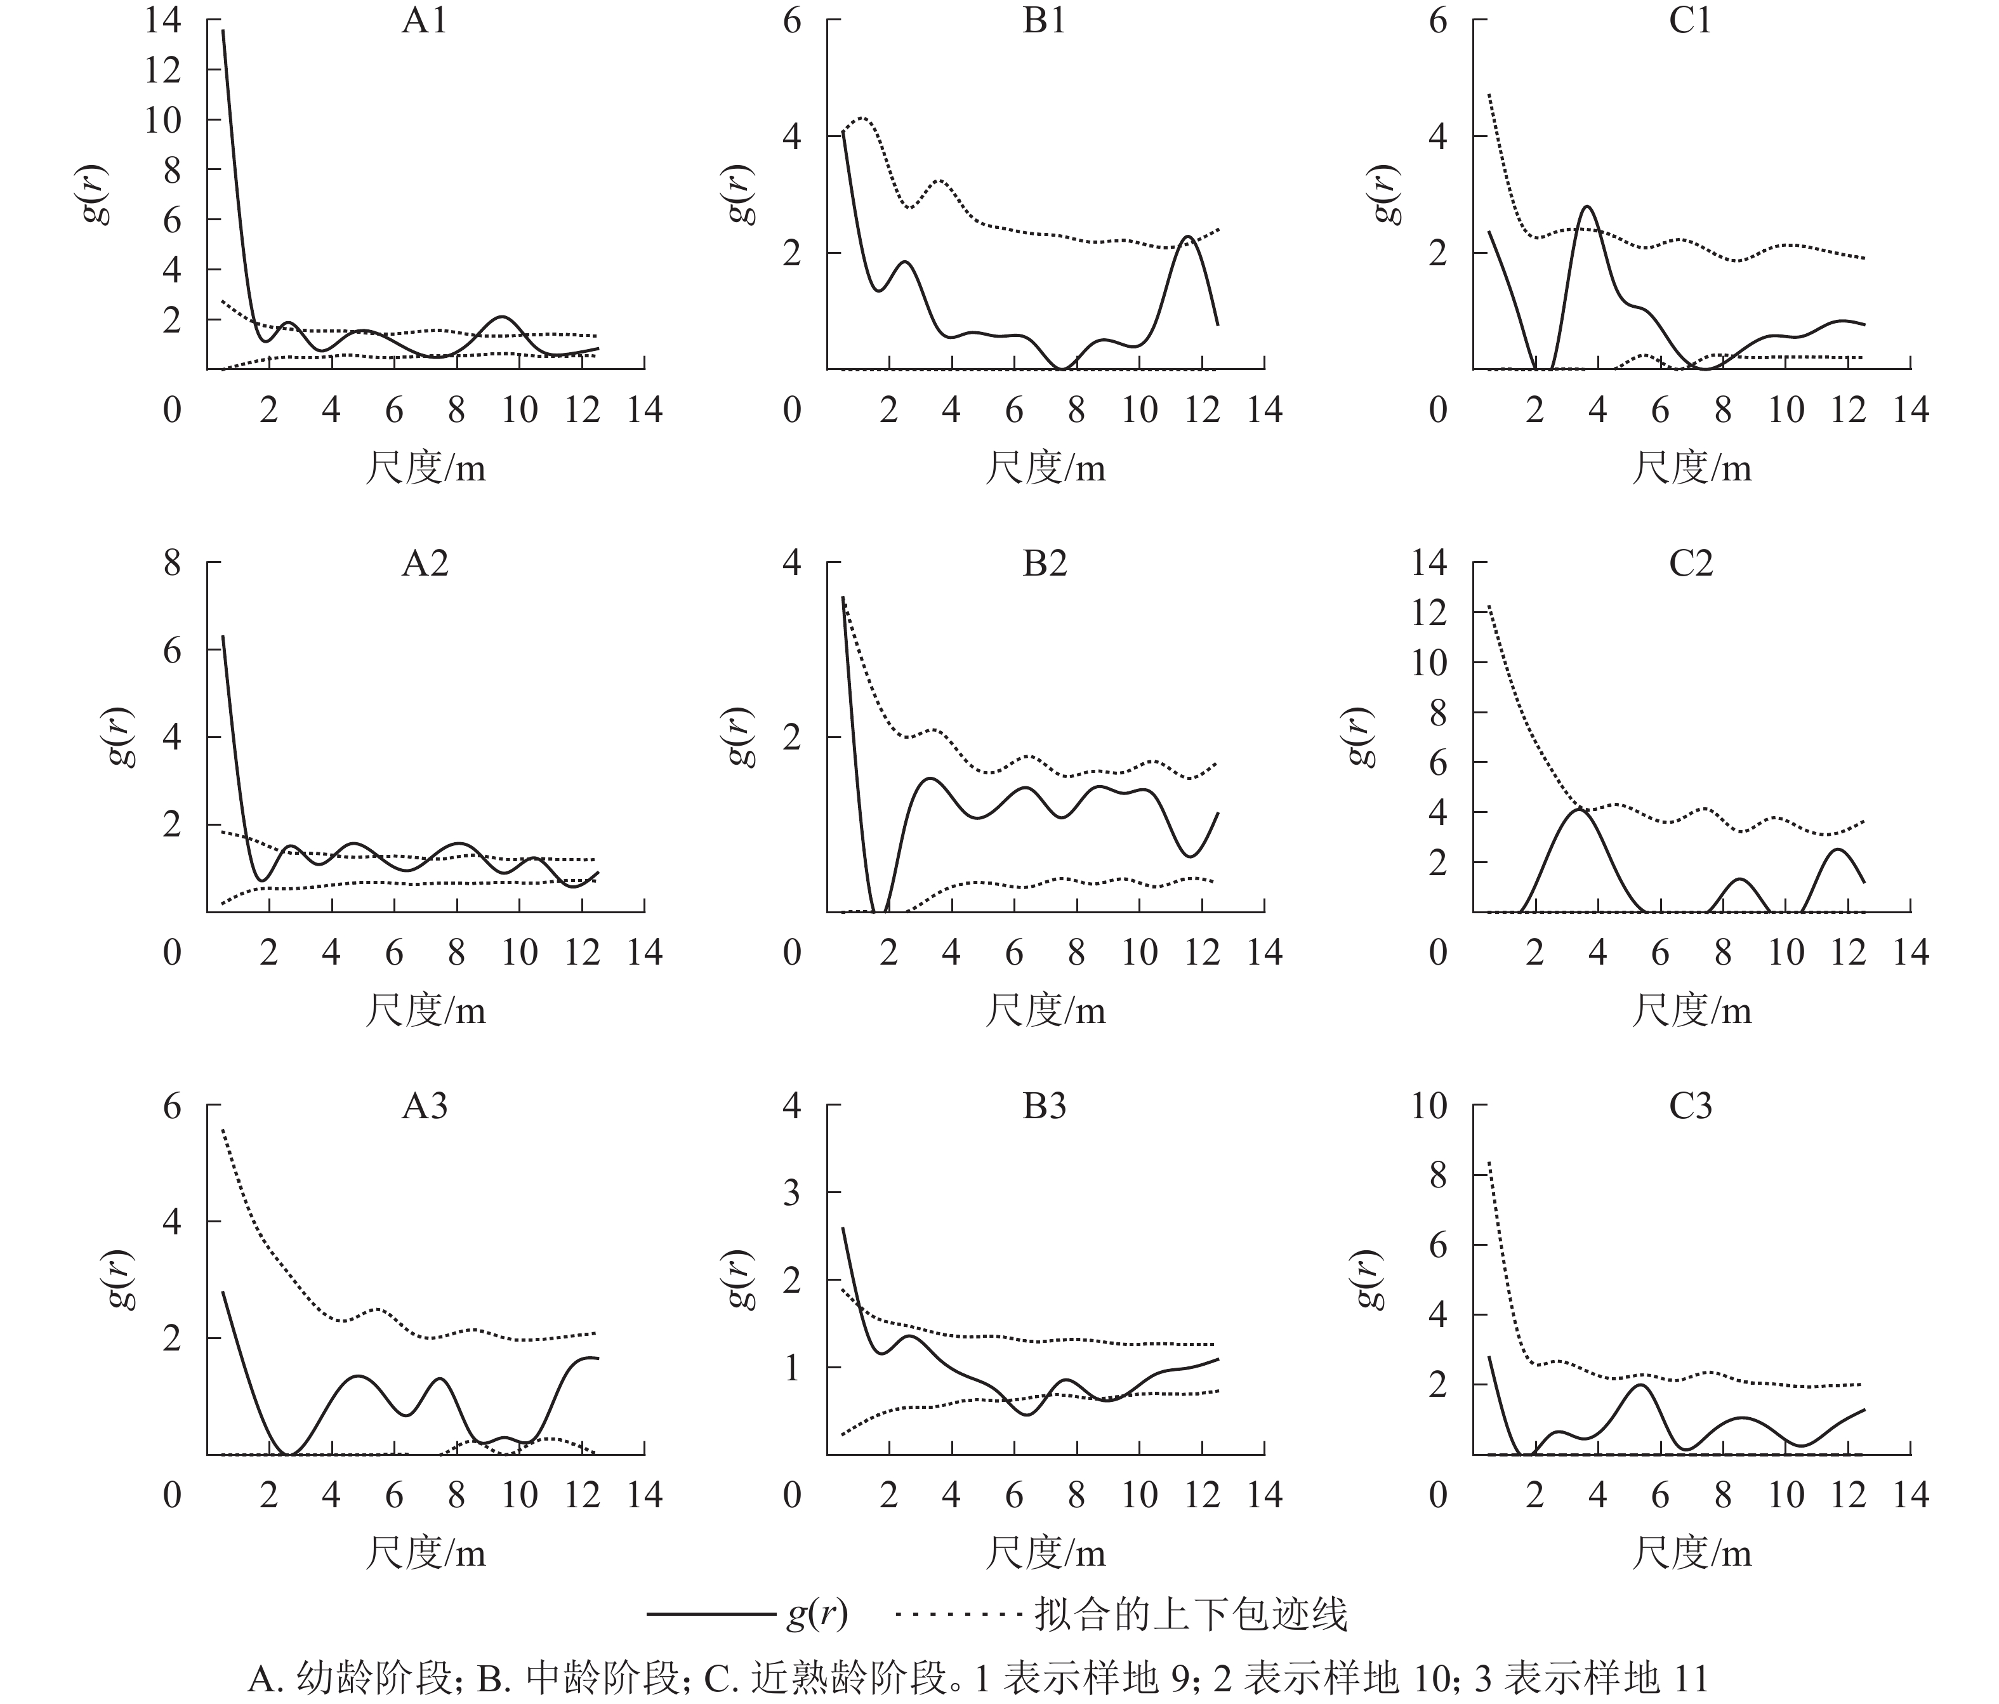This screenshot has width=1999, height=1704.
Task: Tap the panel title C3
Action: (1691, 1106)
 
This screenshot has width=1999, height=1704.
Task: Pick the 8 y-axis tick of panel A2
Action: (172, 562)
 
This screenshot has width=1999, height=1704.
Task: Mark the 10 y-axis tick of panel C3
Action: (1429, 1105)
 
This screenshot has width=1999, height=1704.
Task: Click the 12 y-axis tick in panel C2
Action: (1429, 612)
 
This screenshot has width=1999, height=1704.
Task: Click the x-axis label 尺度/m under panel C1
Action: (1691, 468)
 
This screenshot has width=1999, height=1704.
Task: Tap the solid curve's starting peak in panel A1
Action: (224, 31)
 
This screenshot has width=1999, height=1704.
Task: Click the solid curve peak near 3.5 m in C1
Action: (1587, 206)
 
